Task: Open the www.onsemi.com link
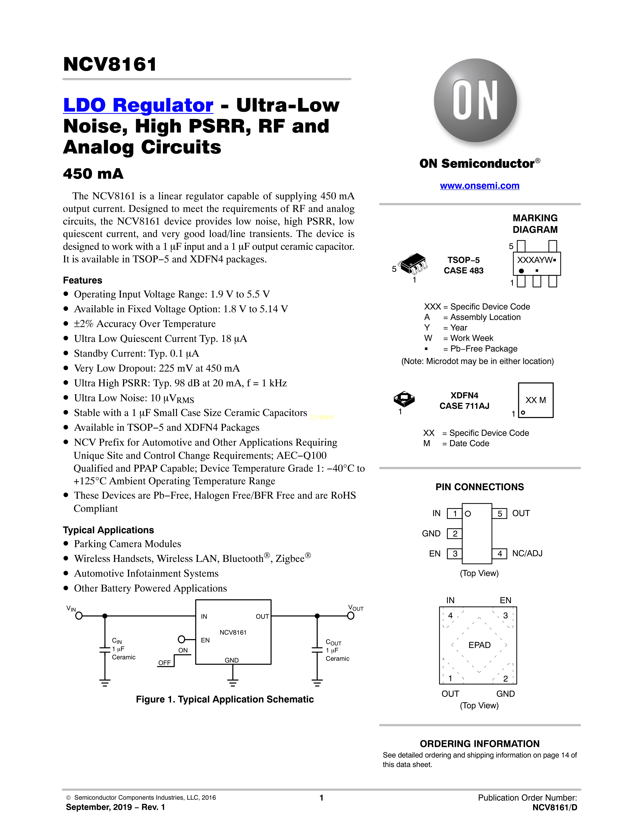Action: pyautogui.click(x=480, y=186)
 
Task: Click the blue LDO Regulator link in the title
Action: pyautogui.click(x=138, y=105)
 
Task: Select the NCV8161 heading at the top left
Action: pyautogui.click(x=110, y=64)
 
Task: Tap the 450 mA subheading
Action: pyautogui.click(x=93, y=174)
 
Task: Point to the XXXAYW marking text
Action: pyautogui.click(x=534, y=260)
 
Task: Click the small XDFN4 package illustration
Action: pyautogui.click(x=404, y=399)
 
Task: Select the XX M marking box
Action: pyautogui.click(x=536, y=400)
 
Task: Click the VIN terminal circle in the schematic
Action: pyautogui.click(x=79, y=616)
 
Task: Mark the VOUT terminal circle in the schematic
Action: pyautogui.click(x=351, y=616)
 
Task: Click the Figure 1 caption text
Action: pyautogui.click(x=225, y=699)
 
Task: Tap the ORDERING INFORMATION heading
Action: pyautogui.click(x=480, y=744)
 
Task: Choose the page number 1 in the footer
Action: pyautogui.click(x=321, y=797)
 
